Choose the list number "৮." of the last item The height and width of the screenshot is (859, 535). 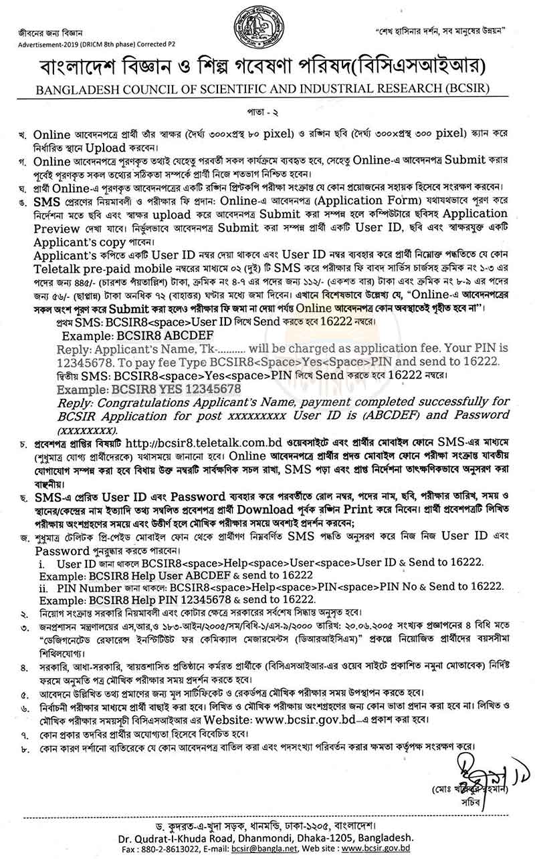click(25, 745)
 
